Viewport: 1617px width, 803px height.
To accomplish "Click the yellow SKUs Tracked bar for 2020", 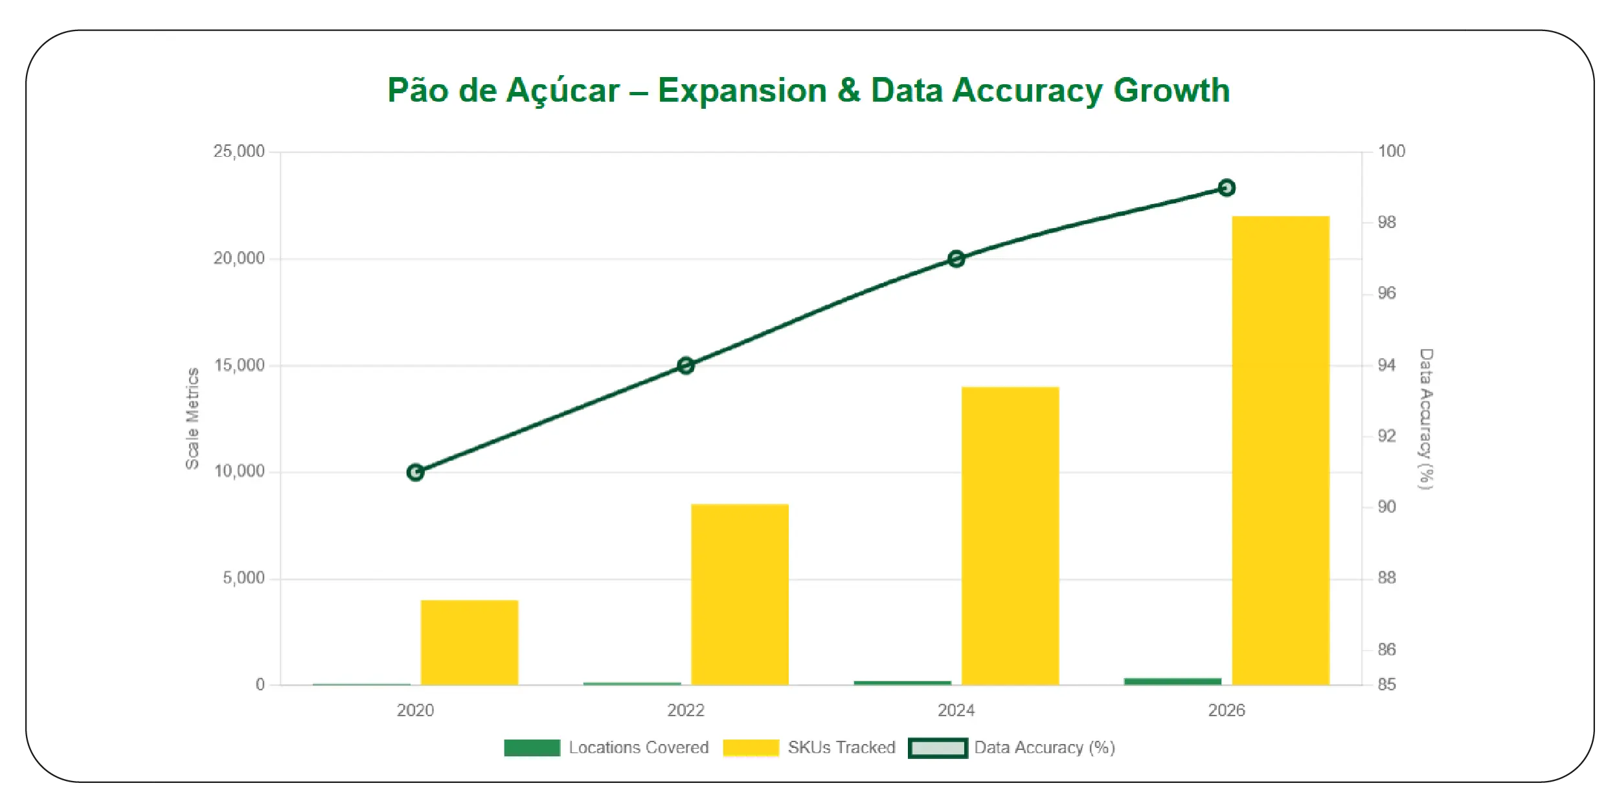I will click(x=469, y=642).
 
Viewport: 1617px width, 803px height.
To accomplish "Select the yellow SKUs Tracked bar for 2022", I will click(x=740, y=594).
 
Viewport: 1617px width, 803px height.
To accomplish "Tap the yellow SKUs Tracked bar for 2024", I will click(x=1010, y=536).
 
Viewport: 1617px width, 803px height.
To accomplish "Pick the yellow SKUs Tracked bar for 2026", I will click(x=1280, y=450).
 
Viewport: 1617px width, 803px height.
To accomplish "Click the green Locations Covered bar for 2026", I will click(x=1172, y=681).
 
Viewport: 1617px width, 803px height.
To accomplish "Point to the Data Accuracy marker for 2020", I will click(x=415, y=473).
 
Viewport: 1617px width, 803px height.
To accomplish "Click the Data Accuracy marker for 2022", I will click(x=686, y=366).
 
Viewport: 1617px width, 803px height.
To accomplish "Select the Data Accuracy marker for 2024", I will click(x=956, y=259).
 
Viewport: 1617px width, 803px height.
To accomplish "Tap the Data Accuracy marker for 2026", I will click(x=1226, y=188).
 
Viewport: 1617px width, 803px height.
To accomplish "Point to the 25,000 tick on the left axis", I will click(x=239, y=152).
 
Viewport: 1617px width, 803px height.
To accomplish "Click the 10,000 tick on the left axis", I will click(x=239, y=471).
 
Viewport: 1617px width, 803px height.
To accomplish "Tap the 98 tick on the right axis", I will click(x=1386, y=223).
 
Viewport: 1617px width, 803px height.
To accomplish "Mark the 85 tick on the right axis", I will click(x=1386, y=684).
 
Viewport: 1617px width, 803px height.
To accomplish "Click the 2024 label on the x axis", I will click(x=956, y=710).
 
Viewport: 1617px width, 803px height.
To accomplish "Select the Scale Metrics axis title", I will click(x=192, y=418).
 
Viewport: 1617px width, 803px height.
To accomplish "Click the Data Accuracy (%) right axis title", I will click(x=1426, y=419).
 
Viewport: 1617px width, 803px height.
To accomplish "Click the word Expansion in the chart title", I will click(x=742, y=91).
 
